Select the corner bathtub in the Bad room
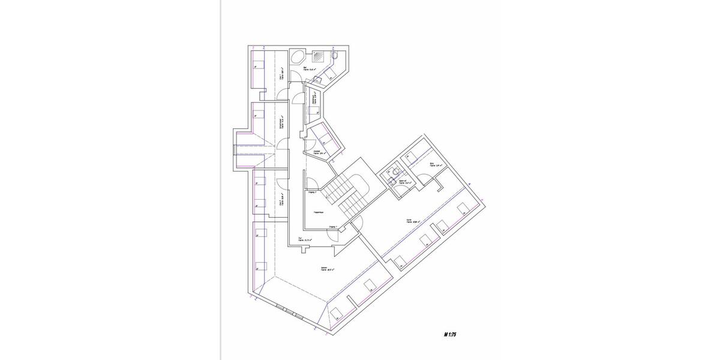[298, 58]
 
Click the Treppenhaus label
[319, 212]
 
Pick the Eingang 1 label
[332, 227]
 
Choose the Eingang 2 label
[312, 193]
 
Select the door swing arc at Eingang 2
[312, 184]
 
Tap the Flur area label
[308, 239]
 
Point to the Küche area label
[410, 221]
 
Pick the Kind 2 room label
[281, 202]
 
